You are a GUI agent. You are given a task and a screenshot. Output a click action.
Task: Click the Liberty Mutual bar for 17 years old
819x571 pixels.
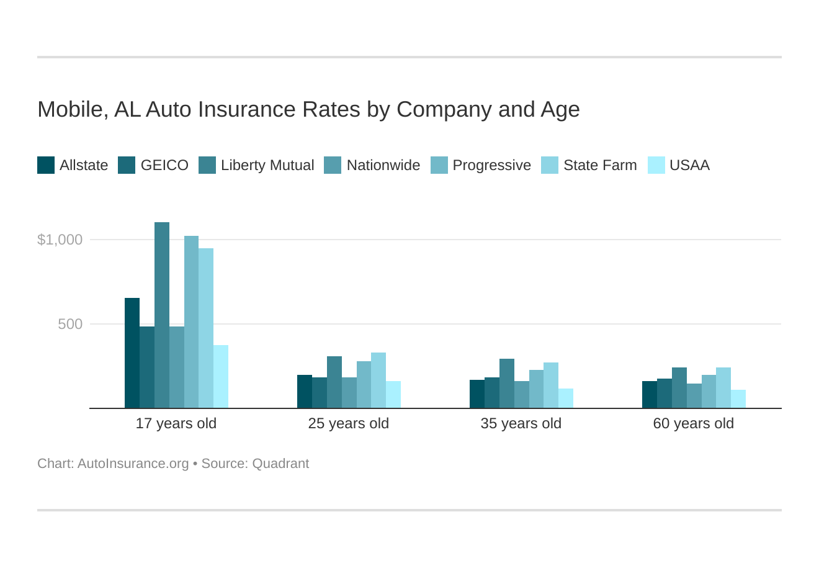(x=162, y=315)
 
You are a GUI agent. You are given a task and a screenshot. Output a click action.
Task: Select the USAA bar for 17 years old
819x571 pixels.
(x=221, y=377)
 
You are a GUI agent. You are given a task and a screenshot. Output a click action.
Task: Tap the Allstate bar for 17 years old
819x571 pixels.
(x=132, y=353)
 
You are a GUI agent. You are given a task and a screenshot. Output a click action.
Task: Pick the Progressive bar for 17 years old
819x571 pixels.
(x=191, y=322)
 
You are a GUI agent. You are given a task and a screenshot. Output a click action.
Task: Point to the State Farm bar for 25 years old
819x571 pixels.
(x=378, y=380)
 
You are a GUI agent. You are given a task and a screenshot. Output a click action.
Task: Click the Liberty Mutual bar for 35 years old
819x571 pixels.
(x=507, y=384)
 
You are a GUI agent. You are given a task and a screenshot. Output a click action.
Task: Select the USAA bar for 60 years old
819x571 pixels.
(x=738, y=399)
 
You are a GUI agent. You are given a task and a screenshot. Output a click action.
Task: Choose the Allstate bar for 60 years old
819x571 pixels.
(x=650, y=395)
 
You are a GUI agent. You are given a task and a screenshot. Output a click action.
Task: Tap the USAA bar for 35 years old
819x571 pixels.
(x=566, y=398)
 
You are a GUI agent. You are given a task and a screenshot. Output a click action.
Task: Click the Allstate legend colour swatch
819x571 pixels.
(x=46, y=165)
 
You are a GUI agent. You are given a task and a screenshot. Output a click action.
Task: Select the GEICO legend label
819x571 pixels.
(x=164, y=165)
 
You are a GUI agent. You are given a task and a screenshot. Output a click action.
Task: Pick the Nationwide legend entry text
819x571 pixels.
(x=383, y=165)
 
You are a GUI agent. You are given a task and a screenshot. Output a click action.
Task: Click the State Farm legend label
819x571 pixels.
(x=600, y=165)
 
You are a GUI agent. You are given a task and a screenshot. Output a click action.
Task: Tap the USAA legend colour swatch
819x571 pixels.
(x=656, y=165)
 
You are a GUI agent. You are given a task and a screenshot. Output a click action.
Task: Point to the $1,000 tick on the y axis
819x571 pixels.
(x=60, y=240)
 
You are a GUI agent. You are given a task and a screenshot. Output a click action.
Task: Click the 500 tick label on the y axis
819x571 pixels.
(x=70, y=324)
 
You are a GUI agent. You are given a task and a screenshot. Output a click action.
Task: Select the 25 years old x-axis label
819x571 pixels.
(x=349, y=423)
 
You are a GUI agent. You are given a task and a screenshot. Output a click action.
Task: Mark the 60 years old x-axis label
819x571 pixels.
(x=694, y=423)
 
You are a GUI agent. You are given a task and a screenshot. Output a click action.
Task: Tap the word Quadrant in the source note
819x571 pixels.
(x=280, y=464)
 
